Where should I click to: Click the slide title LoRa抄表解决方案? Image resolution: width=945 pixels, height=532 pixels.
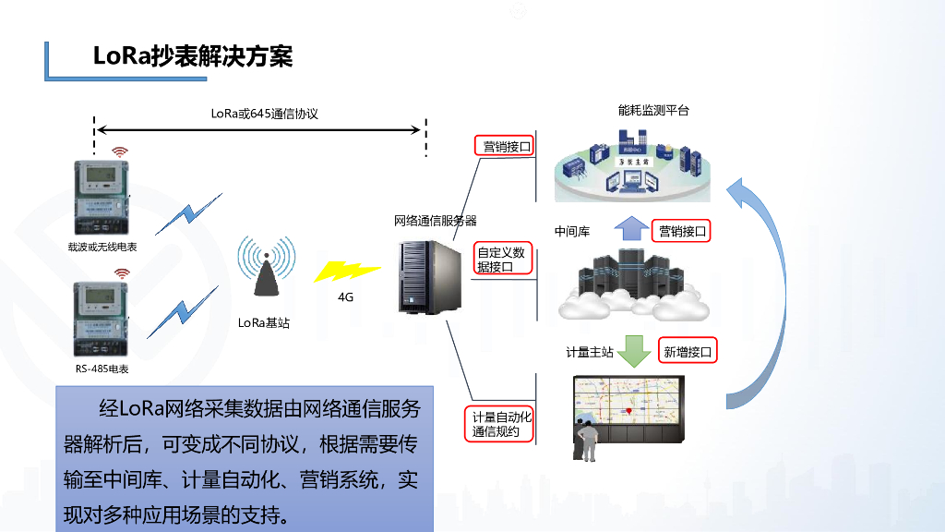click(x=193, y=56)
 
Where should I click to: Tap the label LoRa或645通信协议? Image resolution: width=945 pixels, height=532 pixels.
click(x=264, y=114)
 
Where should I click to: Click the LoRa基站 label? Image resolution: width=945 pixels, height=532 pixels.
click(x=264, y=322)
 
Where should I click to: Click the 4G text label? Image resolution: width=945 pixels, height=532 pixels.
click(x=346, y=297)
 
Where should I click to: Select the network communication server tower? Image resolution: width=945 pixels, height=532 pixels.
click(x=428, y=276)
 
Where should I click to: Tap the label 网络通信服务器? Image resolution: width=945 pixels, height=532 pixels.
click(x=436, y=221)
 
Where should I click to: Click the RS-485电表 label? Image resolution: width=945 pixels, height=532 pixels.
click(x=102, y=369)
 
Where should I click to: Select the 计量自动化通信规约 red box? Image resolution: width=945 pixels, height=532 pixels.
click(x=502, y=424)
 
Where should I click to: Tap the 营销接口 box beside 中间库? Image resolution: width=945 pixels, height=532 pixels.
click(x=681, y=231)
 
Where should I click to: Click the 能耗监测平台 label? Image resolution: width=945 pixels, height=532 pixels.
click(x=653, y=111)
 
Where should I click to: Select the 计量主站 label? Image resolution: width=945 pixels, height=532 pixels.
click(x=590, y=352)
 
